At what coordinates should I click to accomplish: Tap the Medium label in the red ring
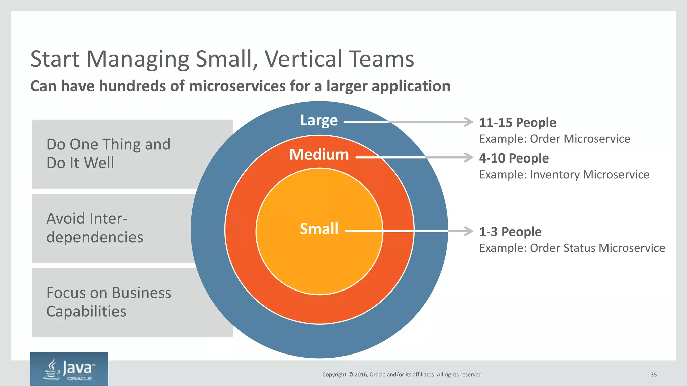point(319,155)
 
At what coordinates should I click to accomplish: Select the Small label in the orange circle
point(319,229)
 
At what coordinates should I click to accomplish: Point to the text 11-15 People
point(518,123)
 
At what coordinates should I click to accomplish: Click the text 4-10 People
point(514,158)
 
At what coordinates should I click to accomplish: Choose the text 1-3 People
point(510,232)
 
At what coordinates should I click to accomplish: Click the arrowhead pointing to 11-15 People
point(469,122)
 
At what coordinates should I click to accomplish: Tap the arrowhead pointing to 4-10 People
point(469,157)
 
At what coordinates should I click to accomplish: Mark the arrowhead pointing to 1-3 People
point(469,231)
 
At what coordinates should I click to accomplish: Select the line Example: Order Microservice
point(554,139)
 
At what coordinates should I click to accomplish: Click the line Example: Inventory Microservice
point(564,175)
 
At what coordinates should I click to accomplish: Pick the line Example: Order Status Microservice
point(572,248)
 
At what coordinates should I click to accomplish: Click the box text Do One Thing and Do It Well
point(108,153)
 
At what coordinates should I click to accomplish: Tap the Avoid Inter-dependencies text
point(95,228)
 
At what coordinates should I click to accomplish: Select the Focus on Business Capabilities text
point(109,302)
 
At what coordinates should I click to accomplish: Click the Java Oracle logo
point(69,369)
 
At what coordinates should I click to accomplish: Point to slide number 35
point(654,375)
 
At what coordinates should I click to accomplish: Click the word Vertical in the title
point(304,59)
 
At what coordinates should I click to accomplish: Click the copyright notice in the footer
point(403,375)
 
